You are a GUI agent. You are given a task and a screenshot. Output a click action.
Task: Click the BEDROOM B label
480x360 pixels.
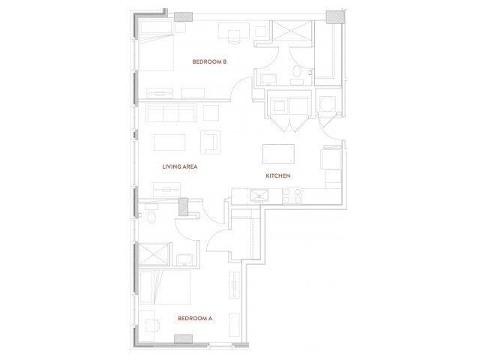point(209,61)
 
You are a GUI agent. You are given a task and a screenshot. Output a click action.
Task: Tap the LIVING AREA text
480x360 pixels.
point(180,166)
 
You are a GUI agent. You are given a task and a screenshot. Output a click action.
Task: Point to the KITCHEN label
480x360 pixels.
point(277,175)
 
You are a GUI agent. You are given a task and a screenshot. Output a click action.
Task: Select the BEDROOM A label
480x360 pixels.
point(195,319)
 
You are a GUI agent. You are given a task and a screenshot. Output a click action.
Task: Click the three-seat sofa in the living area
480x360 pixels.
point(170,114)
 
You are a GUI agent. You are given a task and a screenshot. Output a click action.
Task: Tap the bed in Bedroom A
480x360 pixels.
point(165,289)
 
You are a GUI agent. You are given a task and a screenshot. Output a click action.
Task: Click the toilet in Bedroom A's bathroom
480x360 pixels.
point(152,217)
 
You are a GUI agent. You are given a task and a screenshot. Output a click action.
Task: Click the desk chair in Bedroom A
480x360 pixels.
point(151,325)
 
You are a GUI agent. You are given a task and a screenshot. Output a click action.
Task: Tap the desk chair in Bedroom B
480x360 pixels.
point(233,33)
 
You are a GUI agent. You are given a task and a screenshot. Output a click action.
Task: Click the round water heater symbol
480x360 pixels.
point(328,103)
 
